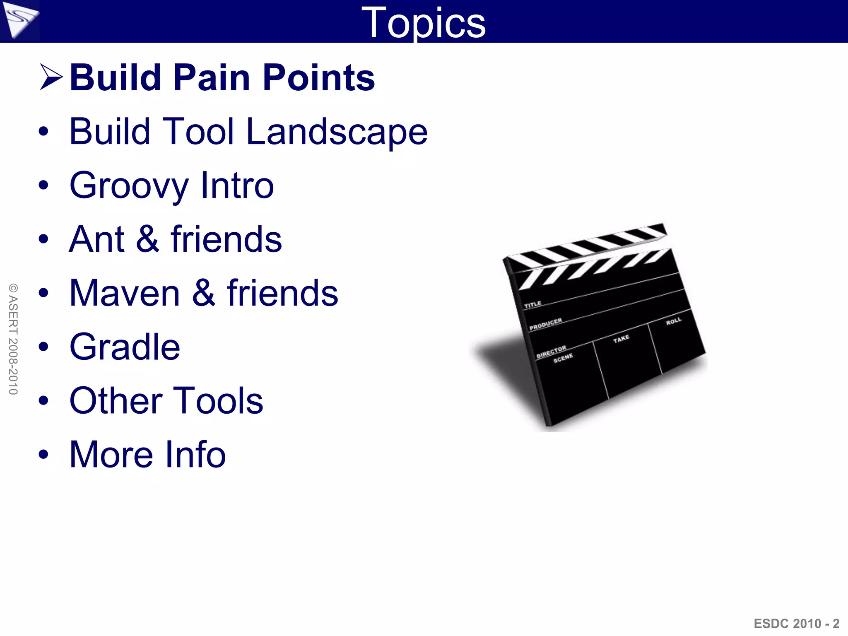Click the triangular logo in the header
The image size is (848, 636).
[x=19, y=19]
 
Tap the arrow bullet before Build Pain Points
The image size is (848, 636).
[x=51, y=77]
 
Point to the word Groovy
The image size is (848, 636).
[x=129, y=186]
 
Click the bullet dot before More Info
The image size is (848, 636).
[x=43, y=455]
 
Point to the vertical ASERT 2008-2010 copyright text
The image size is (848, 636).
[x=13, y=339]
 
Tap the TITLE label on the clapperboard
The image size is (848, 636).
[x=532, y=305]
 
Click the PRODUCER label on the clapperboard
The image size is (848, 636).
[x=545, y=324]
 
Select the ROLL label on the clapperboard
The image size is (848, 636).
[x=673, y=321]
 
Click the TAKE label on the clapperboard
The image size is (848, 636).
[x=621, y=339]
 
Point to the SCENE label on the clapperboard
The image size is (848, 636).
[x=563, y=358]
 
